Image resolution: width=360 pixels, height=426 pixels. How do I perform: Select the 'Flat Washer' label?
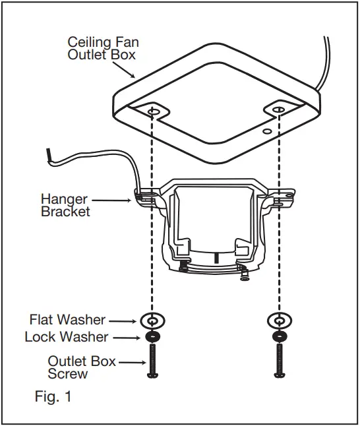67,320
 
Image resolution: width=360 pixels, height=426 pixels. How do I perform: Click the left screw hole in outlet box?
154,112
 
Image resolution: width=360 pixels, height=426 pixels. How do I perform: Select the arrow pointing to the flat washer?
125,320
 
